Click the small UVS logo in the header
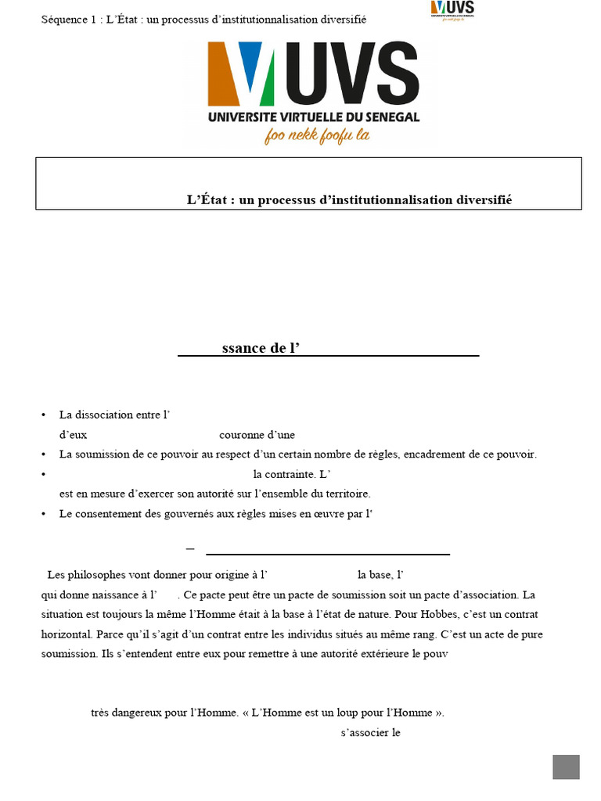(452, 9)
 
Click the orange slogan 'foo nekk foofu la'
(317, 135)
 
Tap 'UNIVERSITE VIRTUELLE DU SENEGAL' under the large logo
(313, 117)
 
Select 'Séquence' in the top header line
(65, 19)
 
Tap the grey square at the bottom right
(566, 767)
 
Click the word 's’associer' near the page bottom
(365, 733)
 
